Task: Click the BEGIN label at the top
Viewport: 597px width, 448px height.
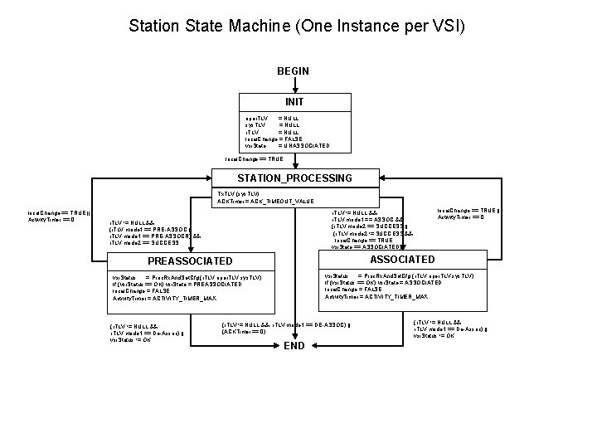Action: (x=294, y=71)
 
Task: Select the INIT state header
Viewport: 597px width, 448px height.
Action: (x=294, y=102)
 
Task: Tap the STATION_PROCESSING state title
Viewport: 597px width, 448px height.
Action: (x=294, y=178)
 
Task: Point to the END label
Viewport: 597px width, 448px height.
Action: (x=294, y=346)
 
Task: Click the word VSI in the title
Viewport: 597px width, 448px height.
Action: (x=444, y=27)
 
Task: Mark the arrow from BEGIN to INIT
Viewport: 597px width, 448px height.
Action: (x=294, y=85)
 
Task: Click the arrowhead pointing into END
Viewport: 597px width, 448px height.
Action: (x=294, y=335)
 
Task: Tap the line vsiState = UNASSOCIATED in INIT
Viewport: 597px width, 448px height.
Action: (x=287, y=146)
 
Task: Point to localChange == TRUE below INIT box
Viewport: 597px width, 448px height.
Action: (x=254, y=158)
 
